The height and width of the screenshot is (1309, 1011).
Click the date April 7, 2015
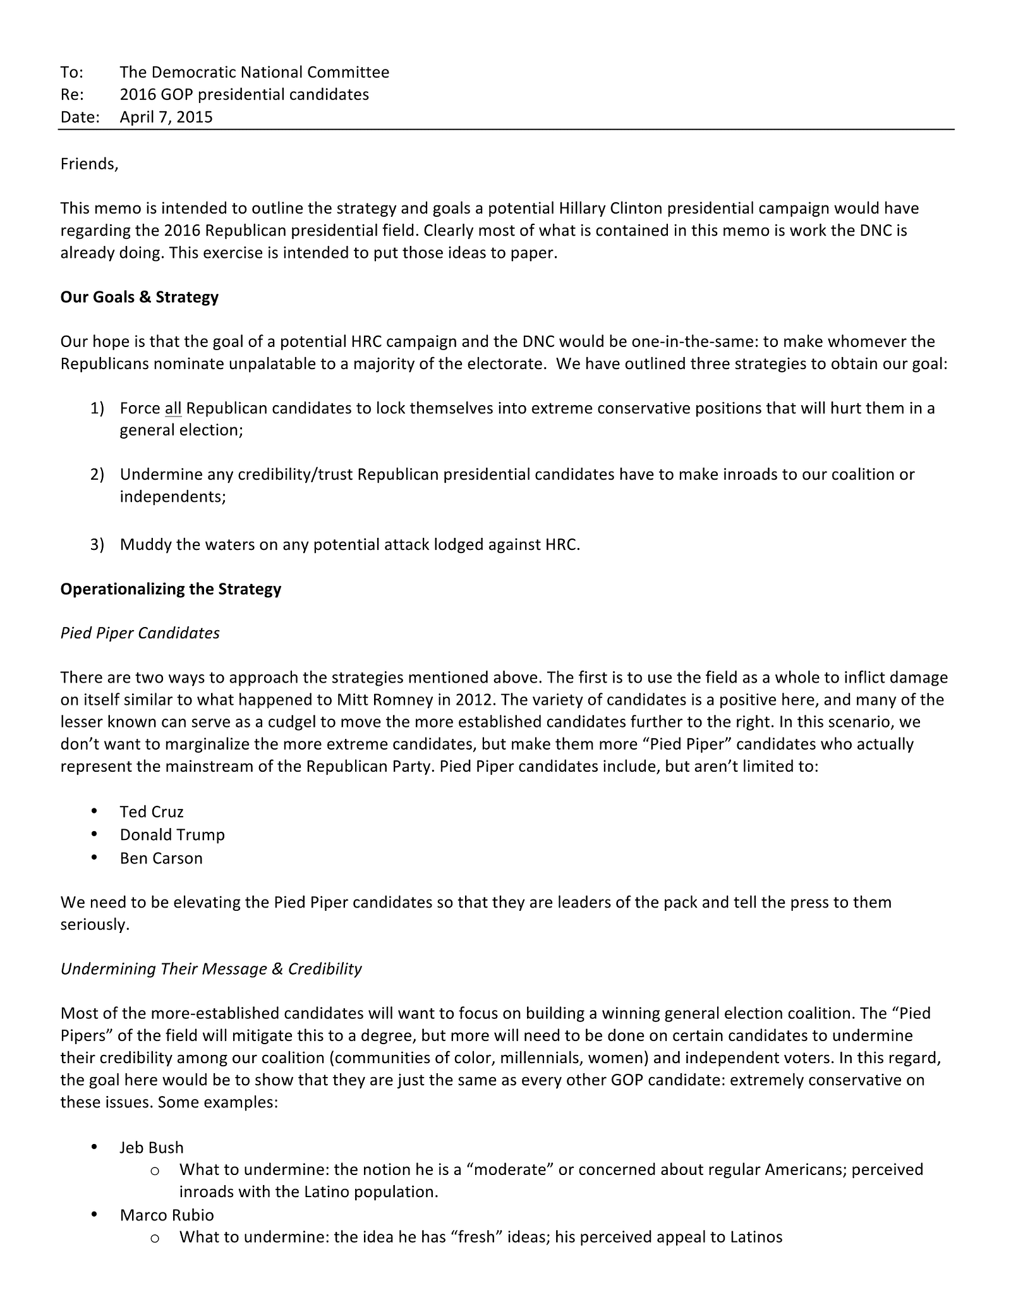[166, 117]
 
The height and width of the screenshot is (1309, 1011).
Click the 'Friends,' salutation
[89, 164]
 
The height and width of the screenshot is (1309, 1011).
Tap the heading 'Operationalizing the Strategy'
[171, 588]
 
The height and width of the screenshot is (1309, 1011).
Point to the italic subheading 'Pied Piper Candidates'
[140, 633]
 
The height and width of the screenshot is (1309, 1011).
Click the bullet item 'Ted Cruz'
[152, 812]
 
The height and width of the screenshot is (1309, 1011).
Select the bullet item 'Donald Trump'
[172, 834]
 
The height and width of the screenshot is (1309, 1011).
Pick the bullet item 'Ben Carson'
[161, 858]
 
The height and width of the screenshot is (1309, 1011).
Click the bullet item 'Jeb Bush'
[152, 1147]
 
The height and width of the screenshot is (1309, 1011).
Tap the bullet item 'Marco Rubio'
[167, 1215]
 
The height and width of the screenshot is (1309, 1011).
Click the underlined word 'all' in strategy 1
[173, 408]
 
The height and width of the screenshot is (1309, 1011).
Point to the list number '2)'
[97, 474]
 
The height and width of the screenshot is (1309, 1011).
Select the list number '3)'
[97, 544]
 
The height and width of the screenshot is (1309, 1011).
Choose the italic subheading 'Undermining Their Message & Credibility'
[211, 968]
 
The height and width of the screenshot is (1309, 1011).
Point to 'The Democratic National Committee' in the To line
[254, 72]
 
